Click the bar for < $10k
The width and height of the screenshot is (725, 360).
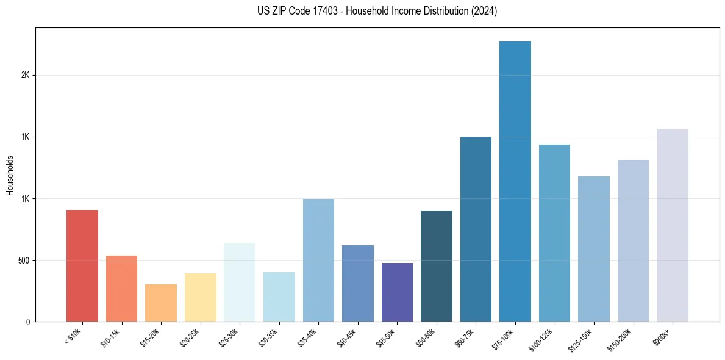(x=82, y=266)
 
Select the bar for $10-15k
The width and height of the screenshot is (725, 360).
(x=121, y=289)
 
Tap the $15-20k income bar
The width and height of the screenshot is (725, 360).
(x=161, y=303)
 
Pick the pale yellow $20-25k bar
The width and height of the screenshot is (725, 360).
(x=201, y=298)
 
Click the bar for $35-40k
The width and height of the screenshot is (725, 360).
(x=318, y=261)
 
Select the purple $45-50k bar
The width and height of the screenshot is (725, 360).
(x=397, y=292)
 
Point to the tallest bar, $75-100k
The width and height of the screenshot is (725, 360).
(x=515, y=182)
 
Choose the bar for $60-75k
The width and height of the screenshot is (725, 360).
(x=476, y=229)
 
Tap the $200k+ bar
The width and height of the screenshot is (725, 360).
(x=673, y=225)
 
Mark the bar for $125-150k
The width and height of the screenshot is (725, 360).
(x=594, y=249)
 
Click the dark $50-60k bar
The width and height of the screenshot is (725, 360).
(x=437, y=266)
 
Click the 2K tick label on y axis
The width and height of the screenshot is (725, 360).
(x=25, y=75)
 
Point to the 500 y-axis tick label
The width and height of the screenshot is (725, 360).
(x=23, y=260)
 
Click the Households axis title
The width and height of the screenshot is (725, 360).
(x=10, y=175)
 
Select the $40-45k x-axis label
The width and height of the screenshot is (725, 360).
(x=348, y=337)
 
